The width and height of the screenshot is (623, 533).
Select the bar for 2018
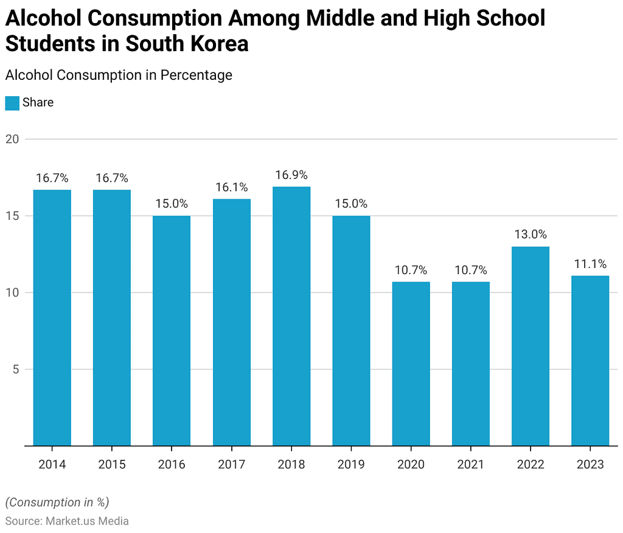click(x=291, y=316)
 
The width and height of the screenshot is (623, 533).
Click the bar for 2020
click(x=411, y=364)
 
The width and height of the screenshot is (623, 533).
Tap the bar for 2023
click(x=590, y=361)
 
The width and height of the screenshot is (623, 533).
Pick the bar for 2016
click(x=172, y=331)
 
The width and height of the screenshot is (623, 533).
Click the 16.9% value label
click(x=291, y=175)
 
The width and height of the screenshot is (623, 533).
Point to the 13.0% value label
click(x=531, y=235)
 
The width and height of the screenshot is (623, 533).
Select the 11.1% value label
click(x=590, y=264)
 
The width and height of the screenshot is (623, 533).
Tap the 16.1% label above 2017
click(x=232, y=187)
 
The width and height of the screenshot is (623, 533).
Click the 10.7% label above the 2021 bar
click(x=471, y=270)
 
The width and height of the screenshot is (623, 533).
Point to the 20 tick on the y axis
click(x=13, y=139)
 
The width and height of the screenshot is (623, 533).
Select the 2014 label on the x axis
click(x=52, y=465)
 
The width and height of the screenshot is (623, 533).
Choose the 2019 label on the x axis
click(x=351, y=465)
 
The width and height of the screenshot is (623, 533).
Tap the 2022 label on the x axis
click(x=531, y=465)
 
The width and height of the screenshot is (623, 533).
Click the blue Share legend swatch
click(x=12, y=103)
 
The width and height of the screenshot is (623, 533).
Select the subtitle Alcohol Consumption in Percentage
click(x=119, y=75)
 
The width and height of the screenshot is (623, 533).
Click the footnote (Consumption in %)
click(x=57, y=503)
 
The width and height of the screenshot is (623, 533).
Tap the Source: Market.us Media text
click(x=67, y=521)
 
